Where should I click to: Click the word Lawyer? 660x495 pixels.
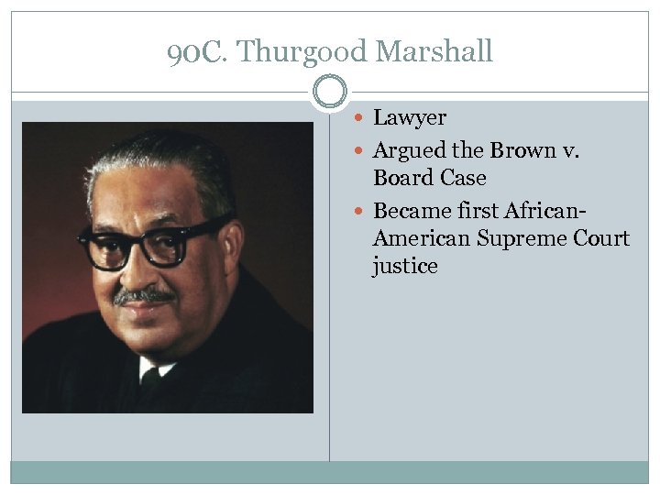pyautogui.click(x=410, y=118)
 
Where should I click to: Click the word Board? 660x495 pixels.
pyautogui.click(x=403, y=178)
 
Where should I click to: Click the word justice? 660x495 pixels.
pyautogui.click(x=405, y=267)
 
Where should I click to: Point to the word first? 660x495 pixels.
pyautogui.click(x=474, y=211)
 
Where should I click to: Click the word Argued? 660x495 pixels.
pyautogui.click(x=410, y=150)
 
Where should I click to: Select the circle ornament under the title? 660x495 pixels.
pyautogui.click(x=330, y=93)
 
